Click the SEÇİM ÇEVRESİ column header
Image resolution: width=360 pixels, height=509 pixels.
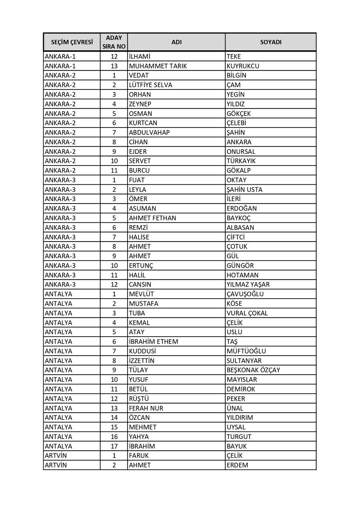(72, 42)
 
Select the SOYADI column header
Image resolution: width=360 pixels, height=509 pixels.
(271, 42)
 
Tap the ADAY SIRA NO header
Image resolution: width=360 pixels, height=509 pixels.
(114, 42)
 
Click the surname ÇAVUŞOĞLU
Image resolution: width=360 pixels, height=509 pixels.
(245, 294)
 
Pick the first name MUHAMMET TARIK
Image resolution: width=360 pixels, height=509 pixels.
(158, 66)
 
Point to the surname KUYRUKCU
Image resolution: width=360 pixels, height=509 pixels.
(243, 66)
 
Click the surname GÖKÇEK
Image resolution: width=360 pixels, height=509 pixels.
(239, 114)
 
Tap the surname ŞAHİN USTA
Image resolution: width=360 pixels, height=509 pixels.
(244, 190)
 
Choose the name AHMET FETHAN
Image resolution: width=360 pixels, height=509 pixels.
(152, 218)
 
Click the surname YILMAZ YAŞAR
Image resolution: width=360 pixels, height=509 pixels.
(248, 284)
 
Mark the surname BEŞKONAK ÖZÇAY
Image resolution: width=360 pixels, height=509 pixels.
(253, 370)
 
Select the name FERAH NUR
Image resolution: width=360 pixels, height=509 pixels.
(146, 408)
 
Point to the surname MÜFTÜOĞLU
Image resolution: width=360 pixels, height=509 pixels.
(246, 351)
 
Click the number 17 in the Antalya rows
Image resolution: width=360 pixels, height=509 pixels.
(114, 446)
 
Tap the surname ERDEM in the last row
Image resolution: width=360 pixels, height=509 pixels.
(237, 465)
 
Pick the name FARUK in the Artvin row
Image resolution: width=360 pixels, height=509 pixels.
(139, 455)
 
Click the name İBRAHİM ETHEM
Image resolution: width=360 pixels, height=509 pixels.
(154, 341)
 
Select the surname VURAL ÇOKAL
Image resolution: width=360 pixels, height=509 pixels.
(247, 313)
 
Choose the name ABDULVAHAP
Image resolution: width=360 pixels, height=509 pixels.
(149, 132)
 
